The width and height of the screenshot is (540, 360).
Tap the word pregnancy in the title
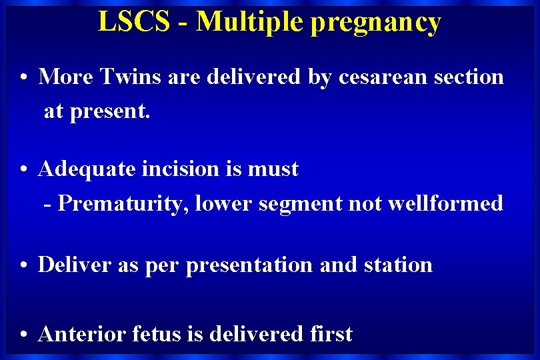pyautogui.click(x=375, y=23)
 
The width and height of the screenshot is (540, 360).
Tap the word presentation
pyautogui.click(x=250, y=266)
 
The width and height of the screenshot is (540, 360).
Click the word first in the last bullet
pyautogui.click(x=330, y=334)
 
